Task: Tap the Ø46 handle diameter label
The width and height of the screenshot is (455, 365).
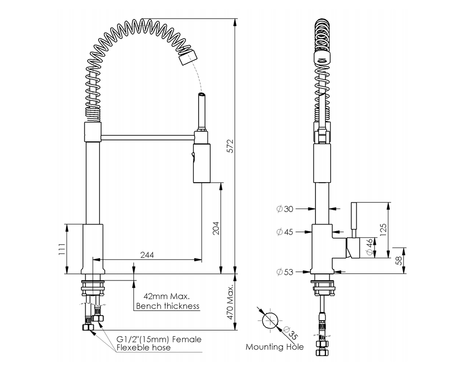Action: pyautogui.click(x=370, y=248)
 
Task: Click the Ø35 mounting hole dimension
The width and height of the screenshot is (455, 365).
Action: pyautogui.click(x=288, y=332)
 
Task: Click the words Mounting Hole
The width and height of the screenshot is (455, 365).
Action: pyautogui.click(x=275, y=347)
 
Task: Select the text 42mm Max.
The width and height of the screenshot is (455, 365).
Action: pyautogui.click(x=167, y=296)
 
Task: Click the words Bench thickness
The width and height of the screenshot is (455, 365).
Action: pyautogui.click(x=168, y=306)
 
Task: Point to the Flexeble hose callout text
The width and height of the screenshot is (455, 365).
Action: pyautogui.click(x=144, y=348)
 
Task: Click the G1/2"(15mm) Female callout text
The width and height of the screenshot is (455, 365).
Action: pyautogui.click(x=159, y=339)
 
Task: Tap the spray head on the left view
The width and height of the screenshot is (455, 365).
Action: pyautogui.click(x=187, y=57)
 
